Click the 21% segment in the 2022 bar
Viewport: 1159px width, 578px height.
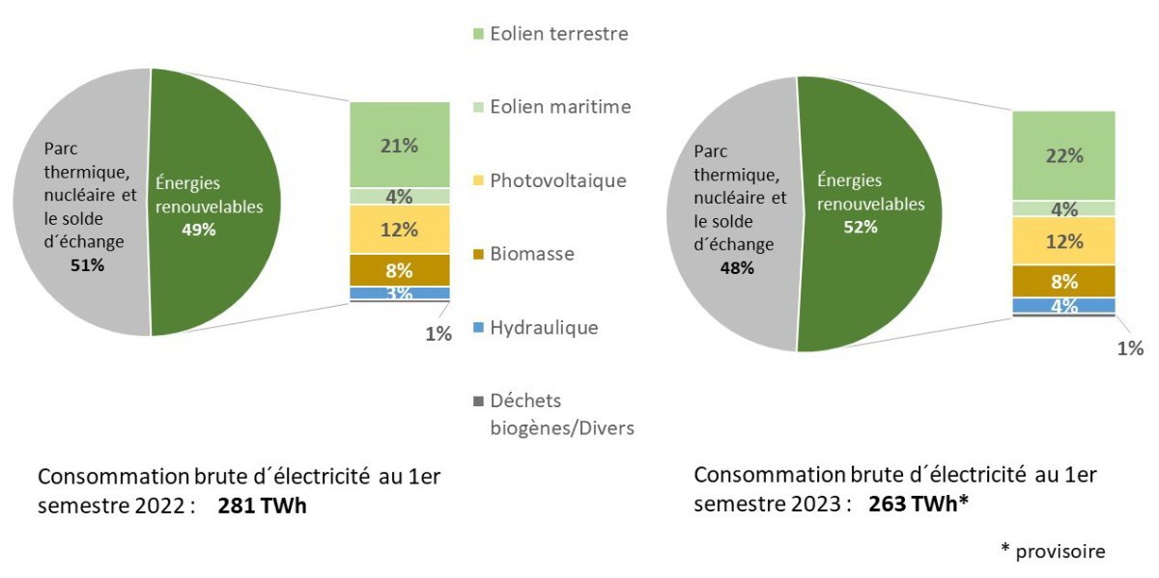(x=400, y=145)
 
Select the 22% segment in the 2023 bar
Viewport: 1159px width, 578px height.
(x=1063, y=155)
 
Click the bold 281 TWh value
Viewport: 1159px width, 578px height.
(x=262, y=505)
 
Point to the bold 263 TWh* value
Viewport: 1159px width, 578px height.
(x=918, y=503)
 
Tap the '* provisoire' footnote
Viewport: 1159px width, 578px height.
(x=1052, y=550)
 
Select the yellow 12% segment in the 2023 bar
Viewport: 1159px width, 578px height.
(x=1063, y=240)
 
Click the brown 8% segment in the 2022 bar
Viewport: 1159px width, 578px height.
(x=400, y=270)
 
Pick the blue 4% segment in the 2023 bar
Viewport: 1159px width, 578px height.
(x=1063, y=306)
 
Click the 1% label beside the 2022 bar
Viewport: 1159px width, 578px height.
(x=438, y=334)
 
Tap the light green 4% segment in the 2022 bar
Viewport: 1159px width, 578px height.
(x=400, y=196)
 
